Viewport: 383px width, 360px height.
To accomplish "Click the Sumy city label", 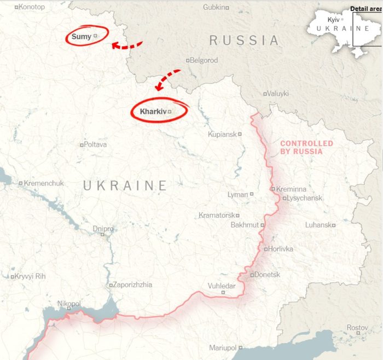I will (x=82, y=37).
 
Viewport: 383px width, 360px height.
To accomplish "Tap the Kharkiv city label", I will (x=152, y=112).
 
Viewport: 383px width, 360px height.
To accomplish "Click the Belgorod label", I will (x=204, y=60).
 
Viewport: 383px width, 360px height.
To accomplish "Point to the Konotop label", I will (x=32, y=7).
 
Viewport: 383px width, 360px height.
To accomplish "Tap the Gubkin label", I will (x=214, y=7).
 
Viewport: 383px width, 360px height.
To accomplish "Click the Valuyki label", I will (x=278, y=94).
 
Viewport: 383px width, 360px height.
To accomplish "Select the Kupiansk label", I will (x=222, y=134).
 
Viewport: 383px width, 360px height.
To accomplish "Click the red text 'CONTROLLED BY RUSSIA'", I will (x=306, y=147).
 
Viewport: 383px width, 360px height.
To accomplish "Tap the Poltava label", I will (x=95, y=144).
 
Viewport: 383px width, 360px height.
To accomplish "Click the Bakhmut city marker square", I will (x=263, y=225).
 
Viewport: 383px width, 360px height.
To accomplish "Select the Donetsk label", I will (x=268, y=275).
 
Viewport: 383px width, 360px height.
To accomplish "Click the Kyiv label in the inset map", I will (x=333, y=19).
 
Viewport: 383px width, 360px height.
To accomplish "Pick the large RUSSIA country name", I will (x=244, y=40).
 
